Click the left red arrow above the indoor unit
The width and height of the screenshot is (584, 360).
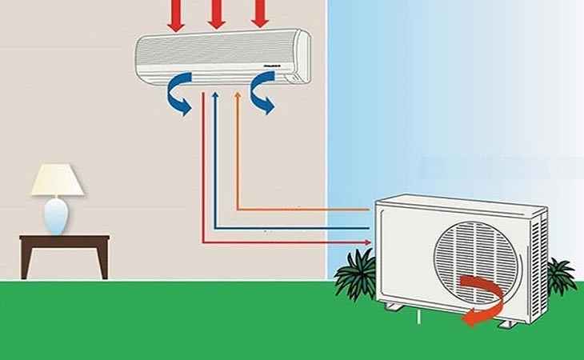[x=176, y=15]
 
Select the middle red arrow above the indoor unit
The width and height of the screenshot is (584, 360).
[x=217, y=15]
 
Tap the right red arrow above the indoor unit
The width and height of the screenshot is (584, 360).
[x=258, y=15]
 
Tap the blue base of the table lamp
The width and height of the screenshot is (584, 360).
[x=56, y=215]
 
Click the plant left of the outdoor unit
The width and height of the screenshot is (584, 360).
[x=355, y=272]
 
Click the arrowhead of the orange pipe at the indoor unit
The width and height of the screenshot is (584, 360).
[x=237, y=96]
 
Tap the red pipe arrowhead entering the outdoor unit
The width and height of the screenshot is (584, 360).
[x=366, y=242]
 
